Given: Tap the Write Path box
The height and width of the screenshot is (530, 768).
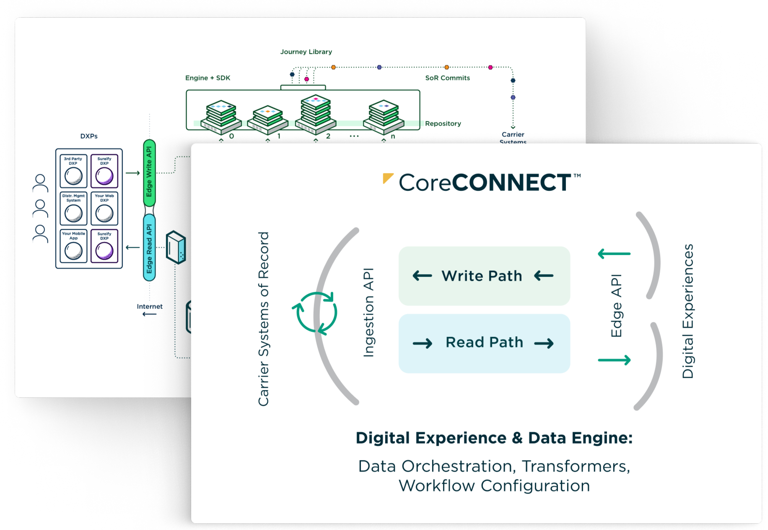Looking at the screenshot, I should (x=484, y=276).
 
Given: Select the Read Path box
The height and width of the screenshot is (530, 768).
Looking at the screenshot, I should (x=484, y=343).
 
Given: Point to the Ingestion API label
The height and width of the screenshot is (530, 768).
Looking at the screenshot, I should (x=368, y=313).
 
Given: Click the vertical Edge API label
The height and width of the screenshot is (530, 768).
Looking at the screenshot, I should (x=616, y=305).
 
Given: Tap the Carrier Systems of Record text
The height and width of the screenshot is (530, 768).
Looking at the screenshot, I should (x=263, y=319).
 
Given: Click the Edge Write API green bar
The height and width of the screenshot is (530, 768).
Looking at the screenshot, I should (x=149, y=172).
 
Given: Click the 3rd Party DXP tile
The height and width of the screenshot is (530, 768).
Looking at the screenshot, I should (x=73, y=171).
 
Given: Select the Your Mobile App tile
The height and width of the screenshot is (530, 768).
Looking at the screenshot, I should (x=73, y=246).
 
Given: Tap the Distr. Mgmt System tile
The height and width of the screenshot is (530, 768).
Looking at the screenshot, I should (x=73, y=209).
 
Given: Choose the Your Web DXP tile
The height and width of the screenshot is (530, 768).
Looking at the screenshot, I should (x=104, y=209).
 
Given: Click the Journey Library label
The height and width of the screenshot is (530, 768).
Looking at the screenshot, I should (x=306, y=52).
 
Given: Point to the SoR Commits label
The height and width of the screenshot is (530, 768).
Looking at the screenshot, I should (x=447, y=78).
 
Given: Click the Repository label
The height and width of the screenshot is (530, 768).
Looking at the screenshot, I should (x=443, y=123).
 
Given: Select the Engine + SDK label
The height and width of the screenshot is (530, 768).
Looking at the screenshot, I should (x=208, y=78).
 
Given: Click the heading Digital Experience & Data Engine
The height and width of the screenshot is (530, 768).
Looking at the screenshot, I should (x=494, y=438).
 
